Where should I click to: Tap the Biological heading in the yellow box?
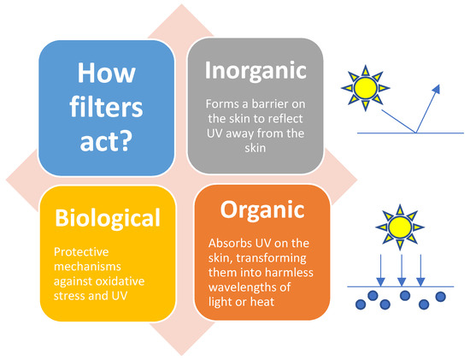pyautogui.click(x=107, y=219)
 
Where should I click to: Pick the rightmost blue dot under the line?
pyautogui.click(x=441, y=297)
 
